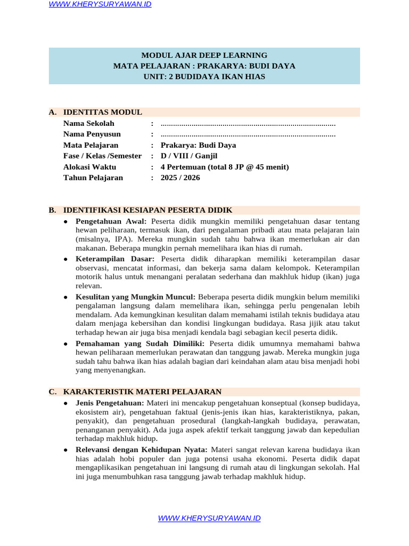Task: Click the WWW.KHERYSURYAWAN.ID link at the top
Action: (x=100, y=4)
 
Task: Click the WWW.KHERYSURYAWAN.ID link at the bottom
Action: (x=209, y=518)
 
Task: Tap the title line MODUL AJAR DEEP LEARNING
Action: (x=204, y=55)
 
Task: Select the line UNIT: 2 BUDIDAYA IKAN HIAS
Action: (x=204, y=77)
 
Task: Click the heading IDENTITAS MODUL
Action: (x=103, y=112)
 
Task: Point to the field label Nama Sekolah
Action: (x=89, y=123)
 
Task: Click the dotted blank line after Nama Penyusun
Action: (x=248, y=134)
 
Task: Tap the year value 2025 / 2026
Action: (x=180, y=178)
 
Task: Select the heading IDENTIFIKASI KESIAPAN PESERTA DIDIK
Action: (x=148, y=210)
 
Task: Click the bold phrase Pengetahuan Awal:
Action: (x=111, y=221)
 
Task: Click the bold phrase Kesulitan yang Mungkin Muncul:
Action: (x=136, y=296)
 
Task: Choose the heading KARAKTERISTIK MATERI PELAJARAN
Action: (x=142, y=392)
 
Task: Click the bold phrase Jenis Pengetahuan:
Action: (x=110, y=403)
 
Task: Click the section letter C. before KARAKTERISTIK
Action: (x=53, y=392)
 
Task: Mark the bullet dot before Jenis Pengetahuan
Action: (x=65, y=403)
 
